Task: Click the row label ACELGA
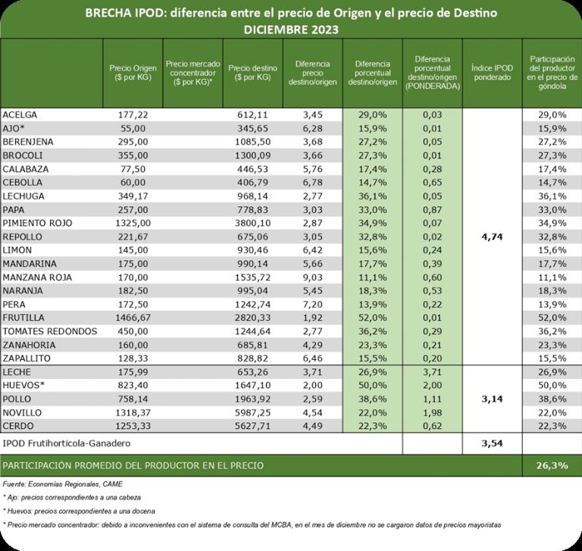pyautogui.click(x=20, y=114)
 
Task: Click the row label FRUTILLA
pyautogui.click(x=25, y=317)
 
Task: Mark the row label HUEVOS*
pyautogui.click(x=24, y=385)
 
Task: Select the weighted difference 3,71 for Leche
pyautogui.click(x=433, y=371)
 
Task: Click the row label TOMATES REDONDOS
pyautogui.click(x=50, y=330)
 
